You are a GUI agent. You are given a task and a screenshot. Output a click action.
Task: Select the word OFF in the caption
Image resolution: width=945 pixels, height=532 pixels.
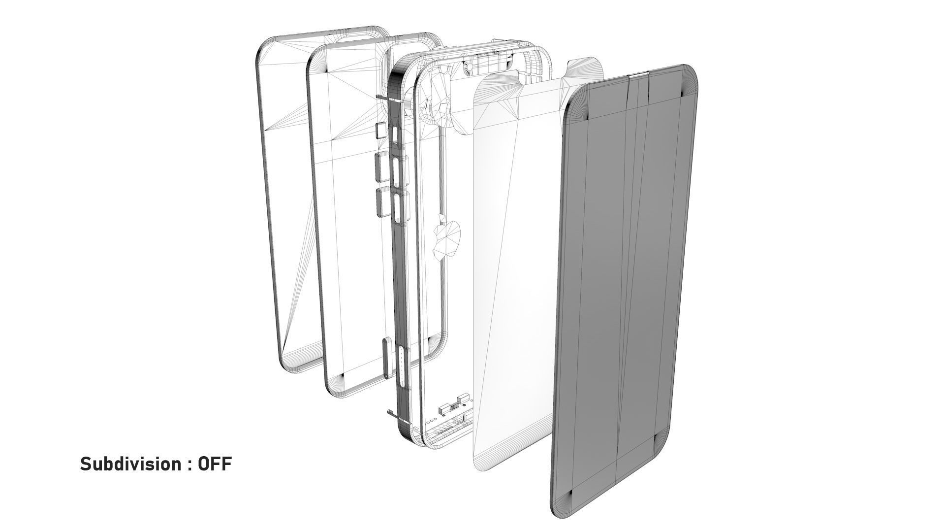215,465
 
